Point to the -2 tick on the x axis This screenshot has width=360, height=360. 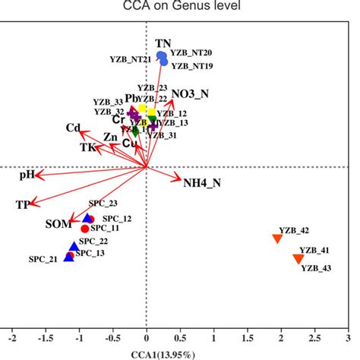point(11,335)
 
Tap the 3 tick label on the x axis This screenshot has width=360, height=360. point(348,335)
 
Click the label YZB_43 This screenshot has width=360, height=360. point(316,267)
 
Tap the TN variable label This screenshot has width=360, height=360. point(163,43)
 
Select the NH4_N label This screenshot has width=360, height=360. point(202,182)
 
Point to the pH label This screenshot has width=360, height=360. point(27,175)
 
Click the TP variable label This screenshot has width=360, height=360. point(23,206)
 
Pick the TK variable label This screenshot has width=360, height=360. point(89,148)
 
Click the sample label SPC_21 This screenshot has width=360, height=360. point(44,259)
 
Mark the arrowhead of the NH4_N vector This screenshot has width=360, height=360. point(179,181)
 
